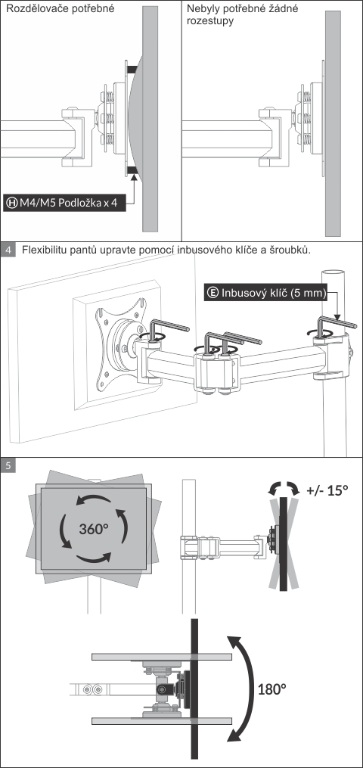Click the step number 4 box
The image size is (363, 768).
click(8, 250)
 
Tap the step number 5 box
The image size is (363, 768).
click(8, 465)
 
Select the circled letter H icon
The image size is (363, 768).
click(11, 202)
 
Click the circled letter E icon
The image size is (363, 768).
click(213, 293)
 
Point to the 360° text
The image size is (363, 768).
click(93, 529)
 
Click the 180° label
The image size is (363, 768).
click(271, 689)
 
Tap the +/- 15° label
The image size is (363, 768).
click(327, 490)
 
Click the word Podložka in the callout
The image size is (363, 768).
click(79, 202)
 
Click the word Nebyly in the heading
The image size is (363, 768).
click(201, 9)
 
